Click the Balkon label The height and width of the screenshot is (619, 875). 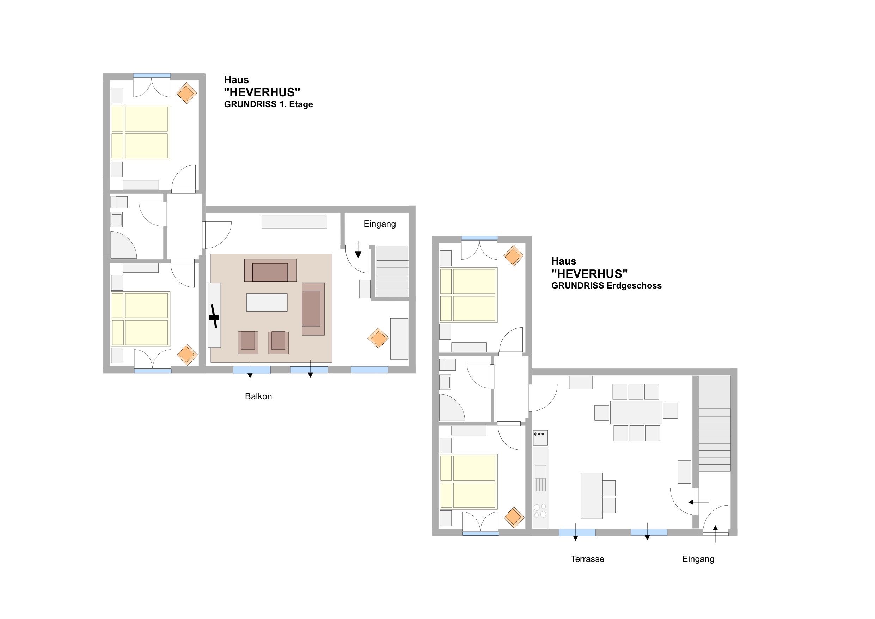(258, 396)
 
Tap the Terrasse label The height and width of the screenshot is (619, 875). (587, 559)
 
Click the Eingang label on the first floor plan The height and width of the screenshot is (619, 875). (380, 224)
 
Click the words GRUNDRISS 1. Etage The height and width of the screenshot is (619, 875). (268, 104)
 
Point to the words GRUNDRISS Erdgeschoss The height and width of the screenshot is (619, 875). (606, 286)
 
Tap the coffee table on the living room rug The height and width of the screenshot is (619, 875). (267, 302)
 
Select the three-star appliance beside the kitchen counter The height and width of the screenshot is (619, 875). (540, 438)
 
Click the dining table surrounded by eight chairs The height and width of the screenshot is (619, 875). (636, 412)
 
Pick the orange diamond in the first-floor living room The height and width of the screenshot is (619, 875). (378, 338)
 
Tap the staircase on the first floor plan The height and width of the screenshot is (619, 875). (392, 271)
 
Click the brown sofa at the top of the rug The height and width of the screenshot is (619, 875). (270, 271)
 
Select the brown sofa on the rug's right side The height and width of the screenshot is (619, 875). (313, 309)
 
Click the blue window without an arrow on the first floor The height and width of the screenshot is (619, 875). (369, 370)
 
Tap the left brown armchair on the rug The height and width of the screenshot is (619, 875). (248, 342)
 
